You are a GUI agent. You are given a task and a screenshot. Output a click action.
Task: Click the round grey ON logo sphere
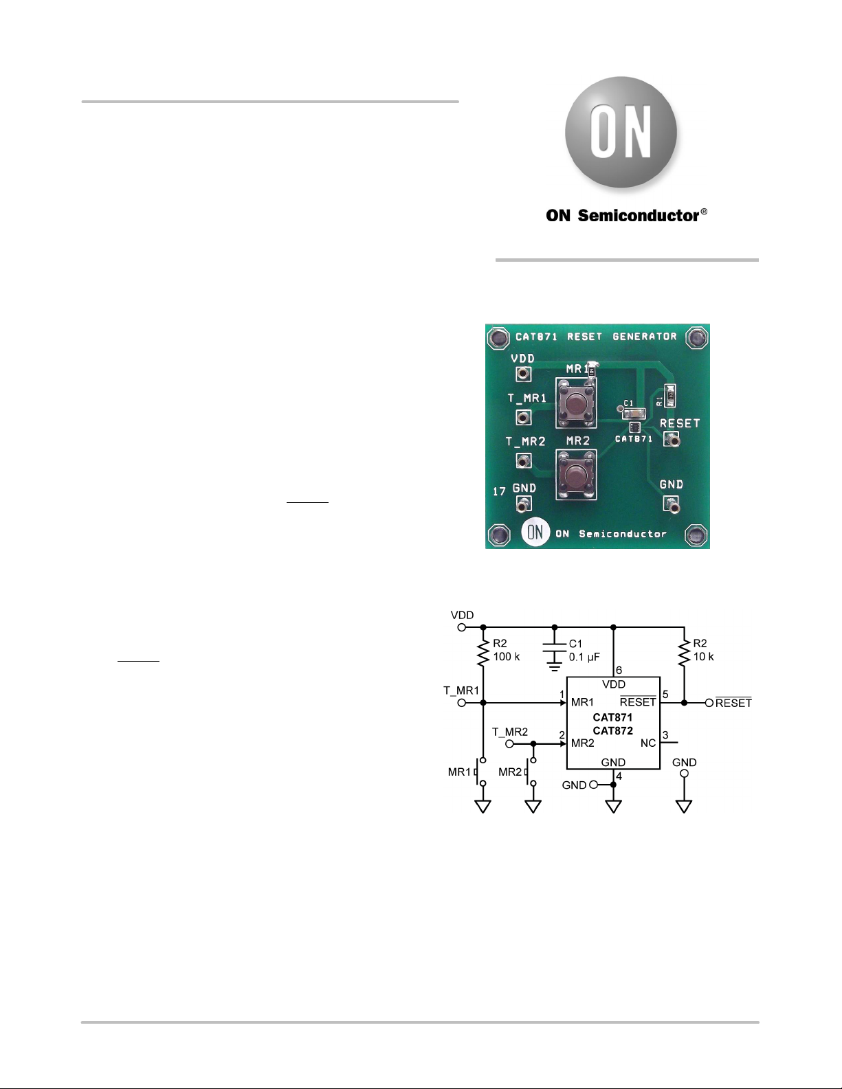621,132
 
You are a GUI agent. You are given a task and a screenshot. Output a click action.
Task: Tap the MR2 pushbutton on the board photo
576,475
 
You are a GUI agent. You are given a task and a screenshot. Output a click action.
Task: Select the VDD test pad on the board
523,374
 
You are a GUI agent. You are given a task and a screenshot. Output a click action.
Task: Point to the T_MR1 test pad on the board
523,417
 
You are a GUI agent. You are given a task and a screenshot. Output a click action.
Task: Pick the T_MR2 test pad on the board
523,460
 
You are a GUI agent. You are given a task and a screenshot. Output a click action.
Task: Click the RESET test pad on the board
670,438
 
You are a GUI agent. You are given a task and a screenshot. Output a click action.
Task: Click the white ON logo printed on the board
535,532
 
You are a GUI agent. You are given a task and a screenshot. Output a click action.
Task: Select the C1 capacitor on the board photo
632,413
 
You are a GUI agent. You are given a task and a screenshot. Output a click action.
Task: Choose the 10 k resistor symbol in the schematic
684,653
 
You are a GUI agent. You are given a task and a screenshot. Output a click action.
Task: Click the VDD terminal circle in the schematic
462,627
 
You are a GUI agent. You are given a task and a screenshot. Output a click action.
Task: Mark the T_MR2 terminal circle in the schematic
509,743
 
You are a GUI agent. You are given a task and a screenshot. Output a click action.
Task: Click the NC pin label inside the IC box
647,743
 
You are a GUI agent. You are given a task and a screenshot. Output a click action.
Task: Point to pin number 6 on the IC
619,670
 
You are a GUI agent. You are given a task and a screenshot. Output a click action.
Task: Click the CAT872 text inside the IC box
612,730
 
